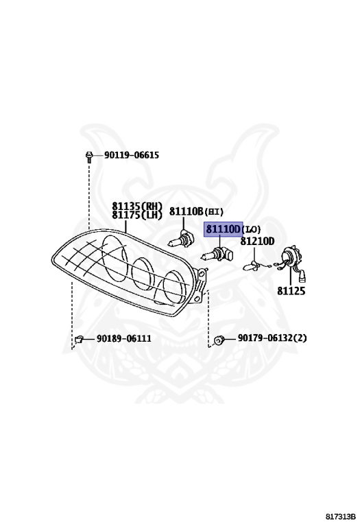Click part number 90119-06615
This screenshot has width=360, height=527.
(131, 155)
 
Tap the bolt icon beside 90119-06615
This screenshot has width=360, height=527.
(89, 156)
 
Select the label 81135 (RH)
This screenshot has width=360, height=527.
(137, 206)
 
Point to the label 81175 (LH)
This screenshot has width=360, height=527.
(137, 215)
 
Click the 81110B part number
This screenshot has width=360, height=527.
(186, 211)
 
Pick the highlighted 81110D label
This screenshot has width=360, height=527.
(224, 229)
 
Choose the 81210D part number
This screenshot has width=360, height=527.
(257, 241)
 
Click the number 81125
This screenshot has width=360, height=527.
(291, 291)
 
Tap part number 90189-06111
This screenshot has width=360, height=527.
(124, 338)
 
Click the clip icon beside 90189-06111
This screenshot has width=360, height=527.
(79, 339)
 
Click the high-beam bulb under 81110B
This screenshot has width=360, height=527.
(180, 239)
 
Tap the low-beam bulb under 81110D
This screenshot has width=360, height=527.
(217, 254)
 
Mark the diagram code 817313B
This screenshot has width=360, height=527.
(341, 517)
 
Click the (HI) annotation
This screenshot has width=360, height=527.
(214, 212)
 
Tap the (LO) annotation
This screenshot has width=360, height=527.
(251, 230)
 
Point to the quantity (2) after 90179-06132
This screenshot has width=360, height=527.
(300, 338)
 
